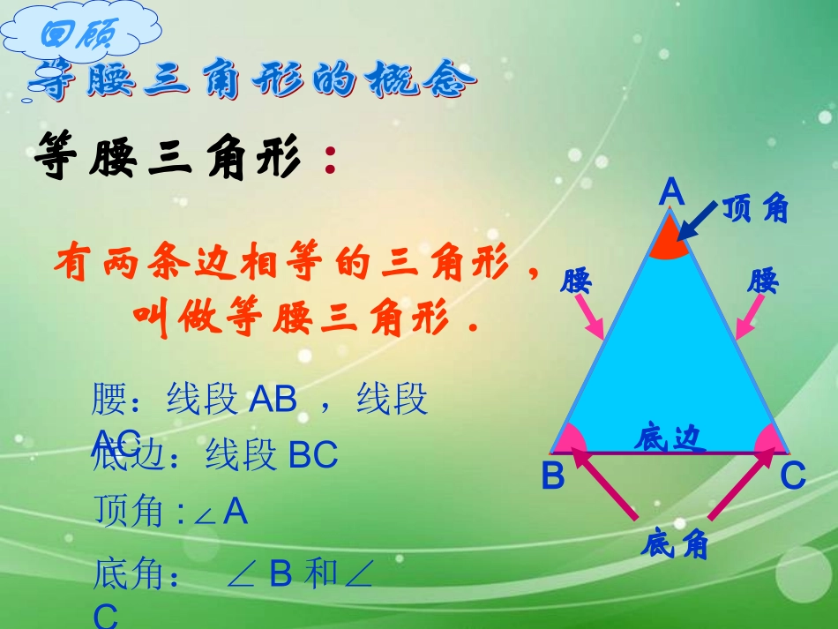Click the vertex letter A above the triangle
pyautogui.click(x=672, y=192)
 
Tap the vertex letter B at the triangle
pyautogui.click(x=553, y=476)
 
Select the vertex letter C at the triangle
pyautogui.click(x=793, y=476)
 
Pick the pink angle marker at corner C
pyautogui.click(x=770, y=439)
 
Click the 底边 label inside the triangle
pyautogui.click(x=670, y=438)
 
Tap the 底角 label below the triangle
pyautogui.click(x=675, y=545)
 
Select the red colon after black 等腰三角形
pyautogui.click(x=330, y=162)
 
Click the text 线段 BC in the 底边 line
pyautogui.click(x=272, y=456)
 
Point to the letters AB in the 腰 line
pyautogui.click(x=273, y=400)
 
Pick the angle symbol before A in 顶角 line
pyautogui.click(x=205, y=514)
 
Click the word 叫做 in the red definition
pyautogui.click(x=168, y=315)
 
